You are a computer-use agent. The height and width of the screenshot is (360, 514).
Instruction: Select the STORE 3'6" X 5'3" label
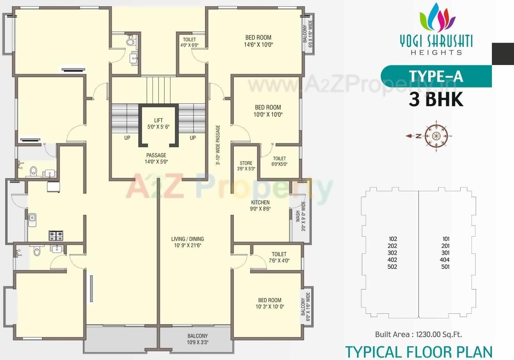tap(246, 166)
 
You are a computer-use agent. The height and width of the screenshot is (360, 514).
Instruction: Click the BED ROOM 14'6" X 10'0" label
tap(258, 41)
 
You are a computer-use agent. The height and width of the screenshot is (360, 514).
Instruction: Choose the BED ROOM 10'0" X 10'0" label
tap(268, 111)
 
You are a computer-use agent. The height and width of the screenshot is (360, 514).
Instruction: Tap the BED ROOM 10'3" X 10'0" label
tap(270, 303)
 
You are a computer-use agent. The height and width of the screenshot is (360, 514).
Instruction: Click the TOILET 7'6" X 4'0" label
tap(279, 257)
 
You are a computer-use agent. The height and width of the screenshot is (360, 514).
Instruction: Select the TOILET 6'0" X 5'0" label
tap(279, 161)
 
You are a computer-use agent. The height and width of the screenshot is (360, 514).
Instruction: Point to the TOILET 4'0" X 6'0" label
tap(189, 42)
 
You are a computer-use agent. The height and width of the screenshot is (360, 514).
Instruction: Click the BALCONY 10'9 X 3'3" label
tap(197, 339)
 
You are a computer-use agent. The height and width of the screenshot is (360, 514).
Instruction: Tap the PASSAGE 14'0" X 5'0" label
tap(156, 158)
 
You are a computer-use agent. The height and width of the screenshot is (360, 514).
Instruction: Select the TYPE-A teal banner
tap(436, 77)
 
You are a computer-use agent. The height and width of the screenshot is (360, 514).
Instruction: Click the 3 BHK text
tap(436, 100)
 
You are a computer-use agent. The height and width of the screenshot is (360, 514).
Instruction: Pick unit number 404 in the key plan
tap(445, 260)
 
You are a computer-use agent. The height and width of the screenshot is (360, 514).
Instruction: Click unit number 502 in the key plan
tap(392, 267)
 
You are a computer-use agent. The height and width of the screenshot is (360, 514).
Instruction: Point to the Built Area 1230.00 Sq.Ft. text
tap(418, 334)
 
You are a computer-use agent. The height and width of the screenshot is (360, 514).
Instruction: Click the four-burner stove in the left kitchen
tap(56, 236)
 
